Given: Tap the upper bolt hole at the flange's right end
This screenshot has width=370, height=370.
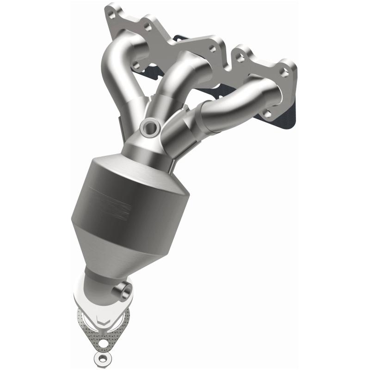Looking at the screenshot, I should click(285, 73).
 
